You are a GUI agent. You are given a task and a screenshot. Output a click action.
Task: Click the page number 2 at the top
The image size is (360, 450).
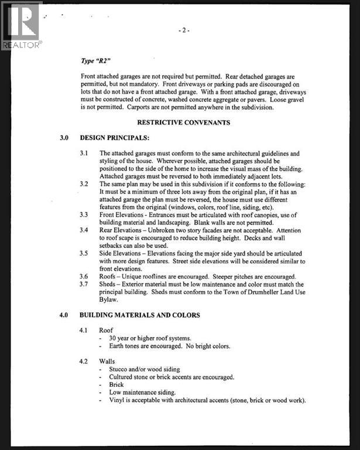(x=184, y=30)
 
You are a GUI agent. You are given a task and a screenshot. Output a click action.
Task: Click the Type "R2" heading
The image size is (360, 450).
(x=97, y=60)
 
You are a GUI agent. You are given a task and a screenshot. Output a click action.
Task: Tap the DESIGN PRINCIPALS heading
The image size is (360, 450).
(x=115, y=138)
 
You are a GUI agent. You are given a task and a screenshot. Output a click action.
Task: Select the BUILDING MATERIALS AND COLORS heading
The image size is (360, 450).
(x=140, y=315)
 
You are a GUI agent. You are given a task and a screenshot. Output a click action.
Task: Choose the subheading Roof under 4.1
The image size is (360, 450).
(x=106, y=330)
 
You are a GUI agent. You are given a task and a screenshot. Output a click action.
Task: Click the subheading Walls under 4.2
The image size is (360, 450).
(x=107, y=362)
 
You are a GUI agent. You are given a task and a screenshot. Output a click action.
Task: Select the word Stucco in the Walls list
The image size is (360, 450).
(x=119, y=370)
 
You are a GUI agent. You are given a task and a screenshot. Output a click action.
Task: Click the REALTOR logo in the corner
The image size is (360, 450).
(x=21, y=25)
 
